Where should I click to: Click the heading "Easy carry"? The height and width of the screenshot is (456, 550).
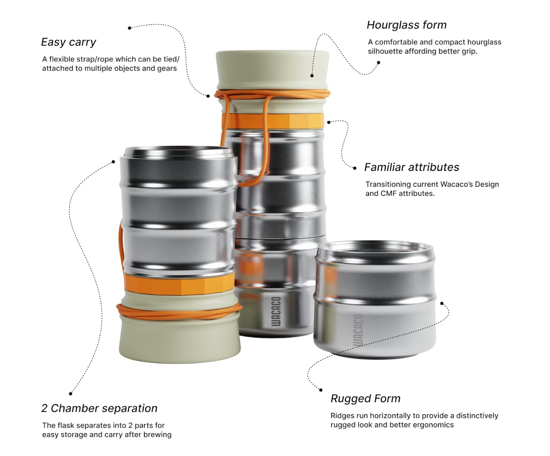tap(68, 42)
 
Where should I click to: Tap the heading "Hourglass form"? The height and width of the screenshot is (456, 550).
tap(406, 25)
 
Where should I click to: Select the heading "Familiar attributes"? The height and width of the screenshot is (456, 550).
tap(412, 167)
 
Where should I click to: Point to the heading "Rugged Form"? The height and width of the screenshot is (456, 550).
tap(365, 398)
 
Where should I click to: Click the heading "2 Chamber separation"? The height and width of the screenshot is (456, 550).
tap(99, 408)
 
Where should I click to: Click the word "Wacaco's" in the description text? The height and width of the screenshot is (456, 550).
tap(456, 184)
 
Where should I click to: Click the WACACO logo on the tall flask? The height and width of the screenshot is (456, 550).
tap(276, 311)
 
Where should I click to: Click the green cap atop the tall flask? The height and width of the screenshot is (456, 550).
tap(272, 70)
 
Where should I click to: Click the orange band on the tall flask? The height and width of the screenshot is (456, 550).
tap(273, 121)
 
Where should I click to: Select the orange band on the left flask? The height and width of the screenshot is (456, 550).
tap(179, 284)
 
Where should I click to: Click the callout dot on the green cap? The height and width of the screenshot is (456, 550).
tap(312, 76)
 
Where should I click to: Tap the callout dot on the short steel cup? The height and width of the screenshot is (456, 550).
tap(442, 303)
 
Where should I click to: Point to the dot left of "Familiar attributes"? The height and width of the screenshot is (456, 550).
tap(354, 168)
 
